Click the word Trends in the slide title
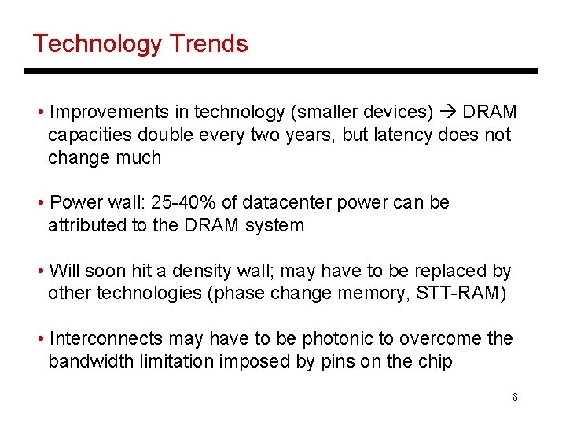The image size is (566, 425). [x=208, y=43]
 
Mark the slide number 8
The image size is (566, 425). [x=515, y=397]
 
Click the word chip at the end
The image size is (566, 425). [x=437, y=362]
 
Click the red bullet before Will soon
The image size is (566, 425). [x=40, y=272]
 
